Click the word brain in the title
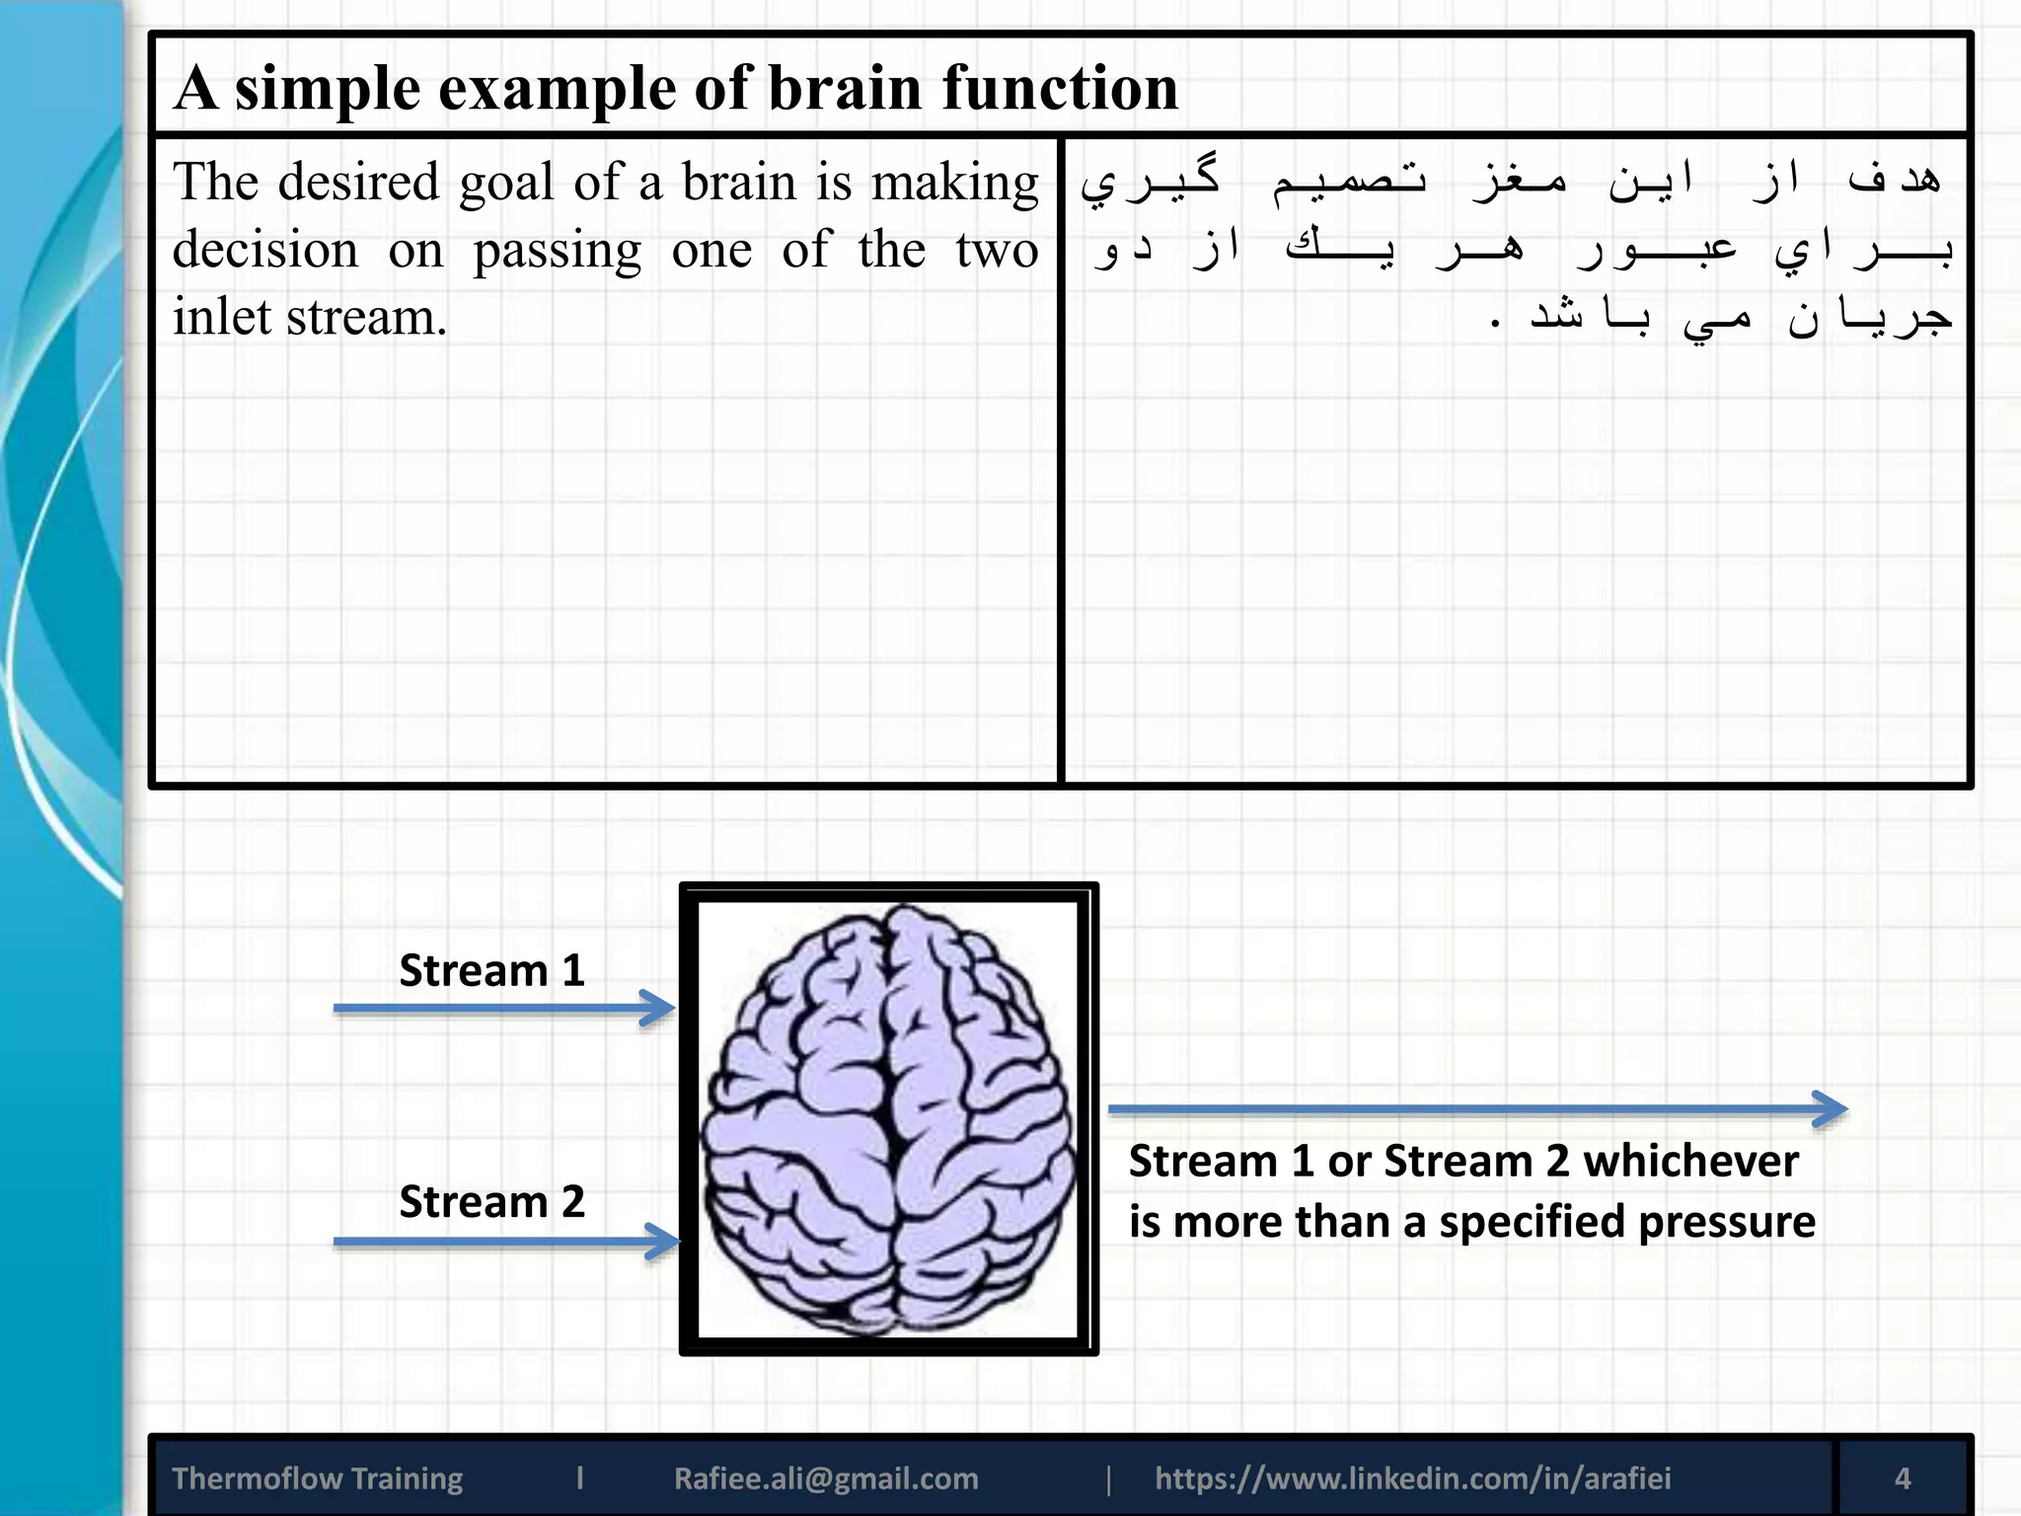pyautogui.click(x=845, y=88)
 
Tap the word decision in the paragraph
pyautogui.click(x=264, y=250)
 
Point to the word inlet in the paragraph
pyautogui.click(x=221, y=318)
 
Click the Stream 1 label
pyautogui.click(x=491, y=970)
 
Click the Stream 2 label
pyautogui.click(x=491, y=1201)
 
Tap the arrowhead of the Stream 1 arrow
pyautogui.click(x=660, y=1008)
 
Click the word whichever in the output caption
pyautogui.click(x=1690, y=1161)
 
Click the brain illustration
pyautogui.click(x=888, y=1119)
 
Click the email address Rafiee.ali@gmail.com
pyautogui.click(x=826, y=1478)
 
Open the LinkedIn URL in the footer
pyautogui.click(x=1412, y=1478)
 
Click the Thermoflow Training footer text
pyautogui.click(x=317, y=1478)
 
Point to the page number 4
pyautogui.click(x=1903, y=1478)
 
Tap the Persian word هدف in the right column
pyautogui.click(x=1894, y=180)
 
